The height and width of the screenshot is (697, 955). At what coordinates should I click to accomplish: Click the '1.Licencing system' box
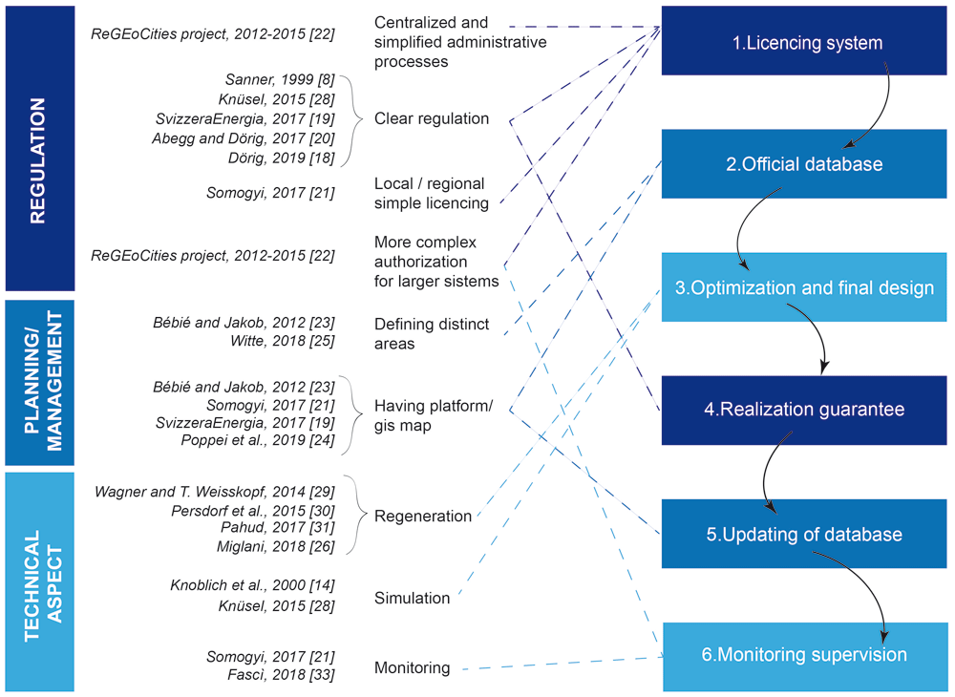tap(804, 41)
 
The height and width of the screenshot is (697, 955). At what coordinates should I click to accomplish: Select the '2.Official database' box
tap(804, 164)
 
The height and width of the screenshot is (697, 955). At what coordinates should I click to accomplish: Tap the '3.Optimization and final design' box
tap(804, 287)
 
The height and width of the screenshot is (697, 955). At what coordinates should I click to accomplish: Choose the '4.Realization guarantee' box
tap(804, 410)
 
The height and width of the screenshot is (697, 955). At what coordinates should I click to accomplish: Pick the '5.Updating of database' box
tap(804, 534)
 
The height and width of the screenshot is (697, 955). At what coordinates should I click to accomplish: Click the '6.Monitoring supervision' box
tap(804, 656)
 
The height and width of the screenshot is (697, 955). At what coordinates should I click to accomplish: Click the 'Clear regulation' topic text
tap(432, 118)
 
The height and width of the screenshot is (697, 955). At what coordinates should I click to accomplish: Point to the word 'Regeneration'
tap(423, 517)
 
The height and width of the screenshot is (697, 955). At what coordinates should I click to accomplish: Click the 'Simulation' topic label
tap(412, 598)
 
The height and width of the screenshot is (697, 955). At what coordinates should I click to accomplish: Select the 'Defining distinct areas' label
tap(432, 333)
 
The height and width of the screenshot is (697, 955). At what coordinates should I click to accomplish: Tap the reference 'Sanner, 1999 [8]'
tap(280, 79)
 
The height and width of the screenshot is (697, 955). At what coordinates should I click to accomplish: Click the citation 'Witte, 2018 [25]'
tap(282, 341)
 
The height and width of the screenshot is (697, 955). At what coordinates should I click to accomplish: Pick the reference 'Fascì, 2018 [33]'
tap(281, 674)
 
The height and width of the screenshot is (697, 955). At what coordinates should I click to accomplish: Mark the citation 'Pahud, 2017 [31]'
tap(278, 527)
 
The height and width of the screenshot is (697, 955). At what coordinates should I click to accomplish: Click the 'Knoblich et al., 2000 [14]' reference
tap(252, 585)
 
